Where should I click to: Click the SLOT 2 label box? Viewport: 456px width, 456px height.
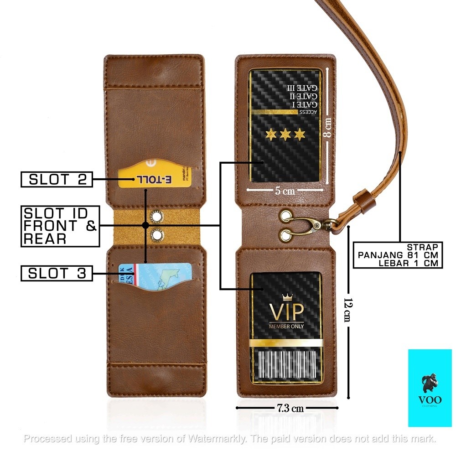pyautogui.click(x=57, y=179)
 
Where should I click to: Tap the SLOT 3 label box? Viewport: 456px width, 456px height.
pyautogui.click(x=57, y=273)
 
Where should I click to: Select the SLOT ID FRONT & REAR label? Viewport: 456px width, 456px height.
pyautogui.click(x=60, y=226)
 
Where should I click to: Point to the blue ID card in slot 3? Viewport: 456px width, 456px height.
pyautogui.click(x=155, y=276)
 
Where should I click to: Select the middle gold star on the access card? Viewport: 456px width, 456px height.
pyautogui.click(x=286, y=135)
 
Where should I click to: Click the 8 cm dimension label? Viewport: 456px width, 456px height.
pyautogui.click(x=327, y=128)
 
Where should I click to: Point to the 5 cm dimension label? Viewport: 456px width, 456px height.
pyautogui.click(x=285, y=191)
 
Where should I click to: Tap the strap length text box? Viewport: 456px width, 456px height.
pyautogui.click(x=398, y=255)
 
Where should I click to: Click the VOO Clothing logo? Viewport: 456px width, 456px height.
pyautogui.click(x=429, y=388)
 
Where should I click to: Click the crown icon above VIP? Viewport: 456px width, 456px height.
pyautogui.click(x=287, y=298)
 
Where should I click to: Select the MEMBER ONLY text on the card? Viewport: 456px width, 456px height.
pyautogui.click(x=286, y=326)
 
